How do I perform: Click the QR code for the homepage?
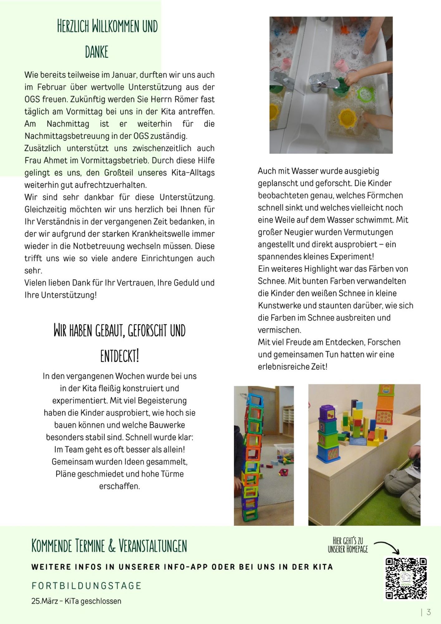(x=406, y=578)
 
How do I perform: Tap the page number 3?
(x=429, y=612)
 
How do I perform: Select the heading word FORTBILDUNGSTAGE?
(x=86, y=586)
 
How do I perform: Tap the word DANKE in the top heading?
(x=97, y=52)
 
